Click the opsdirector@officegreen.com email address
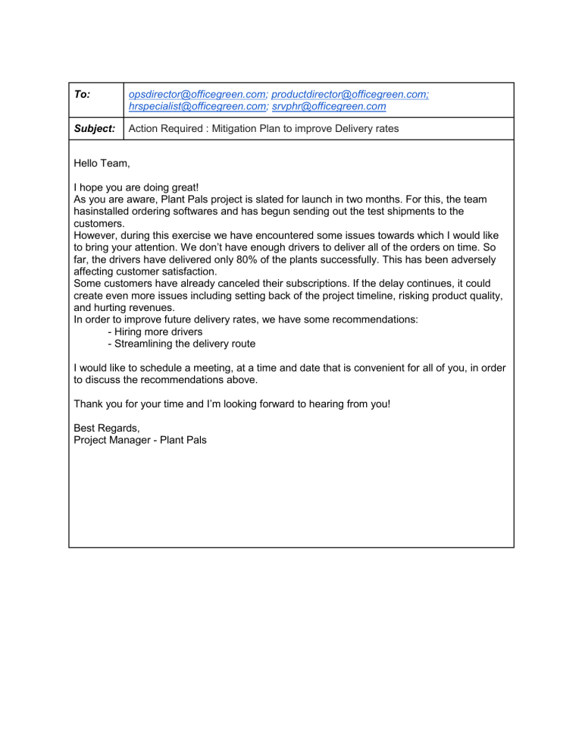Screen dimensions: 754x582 197,94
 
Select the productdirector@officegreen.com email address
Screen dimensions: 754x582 350,94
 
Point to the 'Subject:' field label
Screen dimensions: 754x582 95,129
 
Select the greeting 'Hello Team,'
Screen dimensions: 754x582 102,162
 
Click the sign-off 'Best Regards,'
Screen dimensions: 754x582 107,428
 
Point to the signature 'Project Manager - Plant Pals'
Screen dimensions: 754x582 140,440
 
